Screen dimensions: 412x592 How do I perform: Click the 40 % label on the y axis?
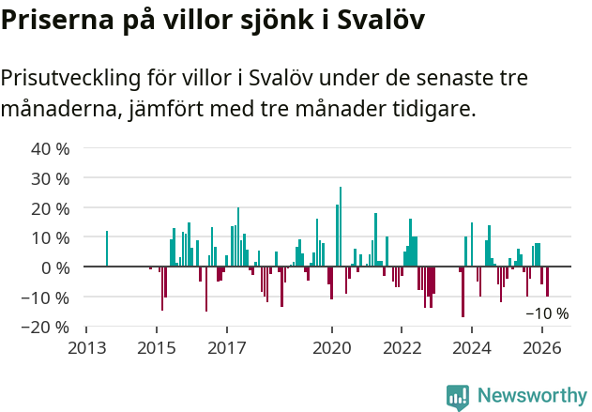click(x=51, y=148)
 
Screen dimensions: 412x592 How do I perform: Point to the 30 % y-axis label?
click(x=51, y=178)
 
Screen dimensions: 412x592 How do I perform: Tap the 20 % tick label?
click(x=51, y=207)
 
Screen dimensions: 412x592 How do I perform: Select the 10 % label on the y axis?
click(x=51, y=237)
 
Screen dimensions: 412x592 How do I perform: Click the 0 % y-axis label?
click(x=55, y=267)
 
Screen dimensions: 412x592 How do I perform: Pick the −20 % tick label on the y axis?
click(x=46, y=327)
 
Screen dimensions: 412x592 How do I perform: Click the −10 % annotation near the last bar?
click(x=546, y=313)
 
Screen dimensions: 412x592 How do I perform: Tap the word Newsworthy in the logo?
click(x=531, y=396)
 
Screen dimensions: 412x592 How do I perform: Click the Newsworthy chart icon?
click(x=458, y=397)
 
